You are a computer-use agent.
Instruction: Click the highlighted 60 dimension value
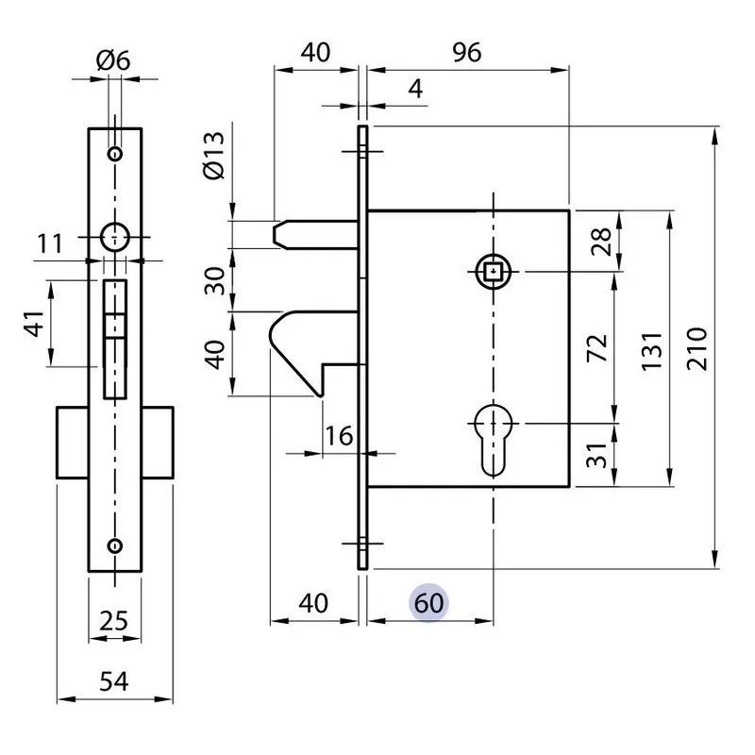(x=428, y=602)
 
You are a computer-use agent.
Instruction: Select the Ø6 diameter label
(x=113, y=61)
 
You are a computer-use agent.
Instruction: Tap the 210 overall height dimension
(x=696, y=350)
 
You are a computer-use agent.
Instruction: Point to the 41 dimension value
(x=35, y=325)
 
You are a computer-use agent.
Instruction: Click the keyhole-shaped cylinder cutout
(x=494, y=440)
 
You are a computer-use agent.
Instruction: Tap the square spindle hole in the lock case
(x=494, y=272)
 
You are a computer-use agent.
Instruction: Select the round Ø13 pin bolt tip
(x=281, y=233)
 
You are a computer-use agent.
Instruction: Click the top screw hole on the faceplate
(x=115, y=154)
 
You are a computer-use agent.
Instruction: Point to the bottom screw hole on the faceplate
(x=115, y=545)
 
